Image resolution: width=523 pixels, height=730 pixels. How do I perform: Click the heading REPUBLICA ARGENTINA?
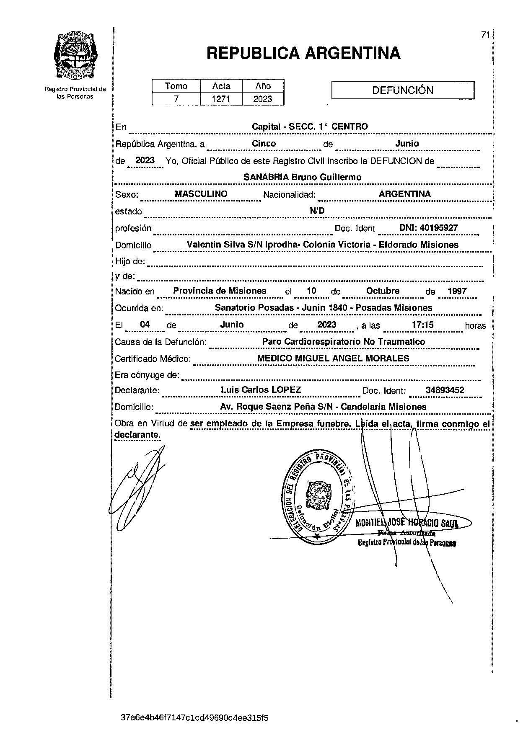click(x=303, y=54)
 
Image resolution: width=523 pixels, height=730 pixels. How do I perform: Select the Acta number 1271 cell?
click(x=221, y=99)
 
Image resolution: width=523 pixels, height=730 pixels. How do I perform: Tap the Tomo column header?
click(x=176, y=86)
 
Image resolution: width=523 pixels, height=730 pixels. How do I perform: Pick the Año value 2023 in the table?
click(x=263, y=99)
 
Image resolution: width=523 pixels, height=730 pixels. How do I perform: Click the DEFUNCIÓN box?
click(x=403, y=90)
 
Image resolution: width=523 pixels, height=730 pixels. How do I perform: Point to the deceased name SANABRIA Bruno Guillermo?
click(x=302, y=177)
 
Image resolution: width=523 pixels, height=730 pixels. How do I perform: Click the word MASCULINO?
click(x=201, y=194)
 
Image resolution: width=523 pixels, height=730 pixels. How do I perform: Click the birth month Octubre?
click(x=383, y=291)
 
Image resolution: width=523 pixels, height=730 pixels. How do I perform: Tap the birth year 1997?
click(x=457, y=291)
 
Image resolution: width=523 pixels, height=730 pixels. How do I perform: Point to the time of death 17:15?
click(x=422, y=325)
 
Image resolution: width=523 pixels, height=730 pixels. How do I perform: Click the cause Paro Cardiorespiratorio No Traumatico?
click(x=343, y=342)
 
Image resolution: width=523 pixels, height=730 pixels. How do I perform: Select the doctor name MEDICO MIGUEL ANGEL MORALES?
click(x=333, y=359)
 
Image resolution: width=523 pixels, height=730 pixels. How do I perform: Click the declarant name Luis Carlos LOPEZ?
click(x=261, y=390)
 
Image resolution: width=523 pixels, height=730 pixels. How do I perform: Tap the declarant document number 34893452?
click(x=445, y=390)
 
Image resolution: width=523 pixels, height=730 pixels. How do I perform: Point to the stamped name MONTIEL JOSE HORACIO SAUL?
click(x=406, y=523)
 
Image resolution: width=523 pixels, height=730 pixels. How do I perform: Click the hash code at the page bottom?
click(x=194, y=717)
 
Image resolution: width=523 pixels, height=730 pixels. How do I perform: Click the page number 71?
click(x=485, y=35)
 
